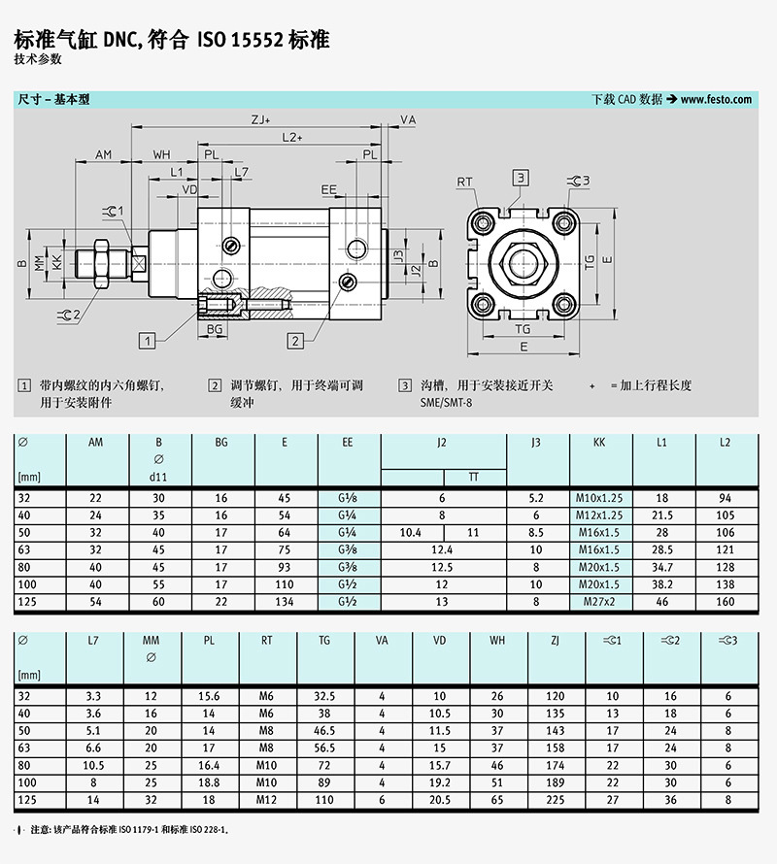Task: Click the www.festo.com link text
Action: click(717, 99)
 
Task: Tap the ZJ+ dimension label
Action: click(260, 120)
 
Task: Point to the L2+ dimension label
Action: click(292, 138)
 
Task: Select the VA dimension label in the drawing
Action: click(408, 120)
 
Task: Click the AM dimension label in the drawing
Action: click(104, 154)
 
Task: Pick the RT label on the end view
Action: click(465, 182)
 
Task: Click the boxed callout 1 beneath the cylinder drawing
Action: click(147, 340)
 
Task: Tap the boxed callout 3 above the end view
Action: click(521, 177)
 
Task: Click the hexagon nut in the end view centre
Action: click(524, 263)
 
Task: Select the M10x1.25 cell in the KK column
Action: click(598, 498)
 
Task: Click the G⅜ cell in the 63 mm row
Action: click(348, 549)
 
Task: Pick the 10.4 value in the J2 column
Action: click(411, 533)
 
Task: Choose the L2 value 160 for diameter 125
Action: click(725, 602)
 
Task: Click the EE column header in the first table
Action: click(348, 442)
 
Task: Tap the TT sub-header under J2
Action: click(474, 477)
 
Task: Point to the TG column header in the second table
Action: click(324, 640)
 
